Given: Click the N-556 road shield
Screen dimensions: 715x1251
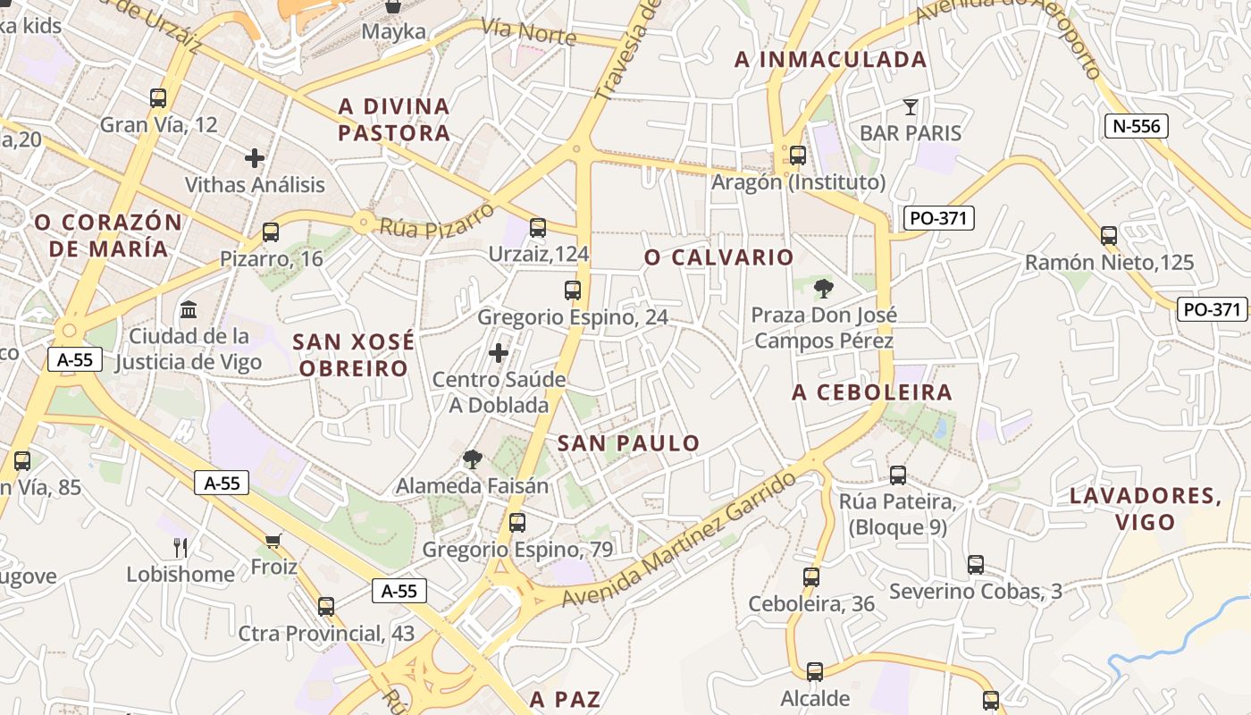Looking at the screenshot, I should [1137, 126].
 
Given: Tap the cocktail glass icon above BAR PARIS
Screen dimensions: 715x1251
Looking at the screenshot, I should [911, 107].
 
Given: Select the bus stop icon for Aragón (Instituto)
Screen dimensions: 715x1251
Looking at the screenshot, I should [798, 156].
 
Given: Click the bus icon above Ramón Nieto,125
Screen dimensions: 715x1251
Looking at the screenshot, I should [1109, 236].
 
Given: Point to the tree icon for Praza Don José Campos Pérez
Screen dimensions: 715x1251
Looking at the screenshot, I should [823, 288].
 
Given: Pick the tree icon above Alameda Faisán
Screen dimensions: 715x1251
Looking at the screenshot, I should [472, 459].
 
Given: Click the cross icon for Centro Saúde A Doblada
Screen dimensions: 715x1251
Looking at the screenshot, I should [499, 353].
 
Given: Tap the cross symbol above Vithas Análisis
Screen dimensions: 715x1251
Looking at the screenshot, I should [255, 158].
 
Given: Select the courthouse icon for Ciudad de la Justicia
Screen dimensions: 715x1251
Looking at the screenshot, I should [189, 310].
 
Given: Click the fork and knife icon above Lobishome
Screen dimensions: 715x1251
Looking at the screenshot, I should [181, 547].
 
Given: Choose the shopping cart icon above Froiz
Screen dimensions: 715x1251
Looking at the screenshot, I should [273, 540].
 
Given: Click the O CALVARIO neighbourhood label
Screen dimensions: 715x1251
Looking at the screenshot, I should [718, 257].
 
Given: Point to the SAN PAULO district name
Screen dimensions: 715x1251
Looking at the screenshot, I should [628, 443].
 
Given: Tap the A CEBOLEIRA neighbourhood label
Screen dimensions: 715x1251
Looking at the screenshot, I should [872, 392].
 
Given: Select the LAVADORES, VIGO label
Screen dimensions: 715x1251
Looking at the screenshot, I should [1146, 509].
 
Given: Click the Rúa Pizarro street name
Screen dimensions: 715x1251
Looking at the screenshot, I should [436, 220].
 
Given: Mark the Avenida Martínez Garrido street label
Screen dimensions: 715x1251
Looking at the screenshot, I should [679, 542].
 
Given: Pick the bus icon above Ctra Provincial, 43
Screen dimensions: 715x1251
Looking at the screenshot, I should [326, 606].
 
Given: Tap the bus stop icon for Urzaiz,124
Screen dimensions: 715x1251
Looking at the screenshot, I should [538, 228].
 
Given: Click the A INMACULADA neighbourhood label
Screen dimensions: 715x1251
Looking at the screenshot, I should [830, 60].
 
